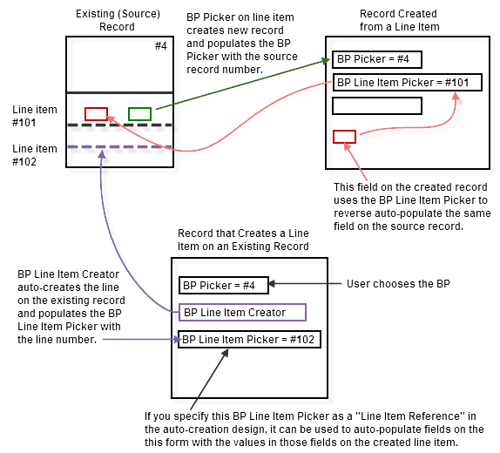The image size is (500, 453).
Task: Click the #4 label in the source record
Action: (160, 45)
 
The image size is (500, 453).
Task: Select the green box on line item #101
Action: (139, 113)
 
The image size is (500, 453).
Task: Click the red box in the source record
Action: (96, 113)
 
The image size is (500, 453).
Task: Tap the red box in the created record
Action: (344, 136)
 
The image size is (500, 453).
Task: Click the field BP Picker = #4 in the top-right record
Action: (376, 60)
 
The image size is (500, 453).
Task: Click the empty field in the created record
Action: (376, 105)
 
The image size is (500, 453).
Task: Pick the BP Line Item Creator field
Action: (243, 312)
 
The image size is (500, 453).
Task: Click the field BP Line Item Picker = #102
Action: (249, 339)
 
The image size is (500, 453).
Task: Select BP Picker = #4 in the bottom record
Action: (223, 285)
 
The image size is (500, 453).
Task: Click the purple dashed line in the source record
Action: (115, 146)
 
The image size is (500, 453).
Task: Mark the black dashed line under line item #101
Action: (115, 125)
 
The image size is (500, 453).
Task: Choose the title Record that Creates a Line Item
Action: (242, 240)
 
